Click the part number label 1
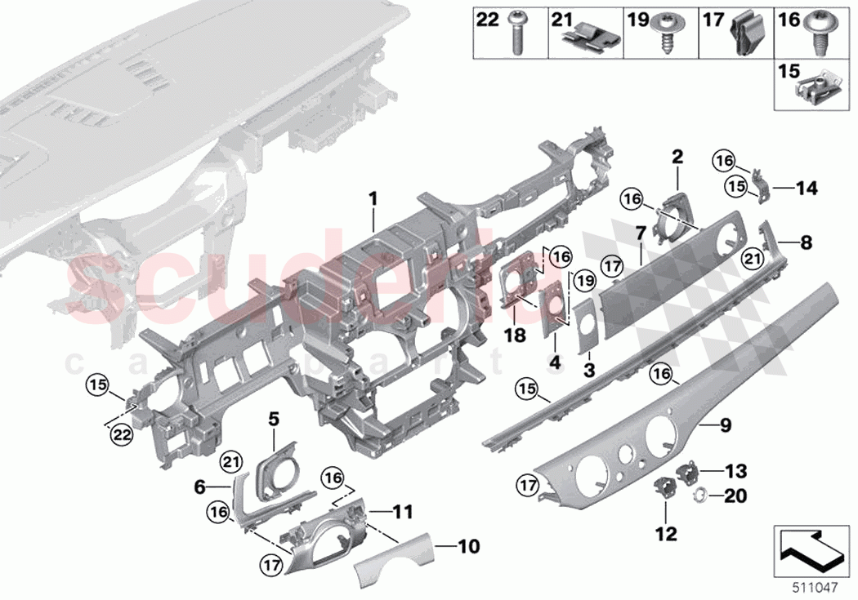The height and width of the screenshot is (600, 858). point(372,198)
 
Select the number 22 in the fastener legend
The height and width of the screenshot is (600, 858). point(487,19)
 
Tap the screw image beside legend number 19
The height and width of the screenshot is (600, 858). point(666,36)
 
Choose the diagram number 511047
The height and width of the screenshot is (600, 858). point(819,585)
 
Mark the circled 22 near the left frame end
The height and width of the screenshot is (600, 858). point(122,436)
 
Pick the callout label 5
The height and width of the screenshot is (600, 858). point(273,420)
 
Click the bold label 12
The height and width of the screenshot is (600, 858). point(665,536)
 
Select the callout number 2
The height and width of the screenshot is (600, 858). point(677,154)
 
